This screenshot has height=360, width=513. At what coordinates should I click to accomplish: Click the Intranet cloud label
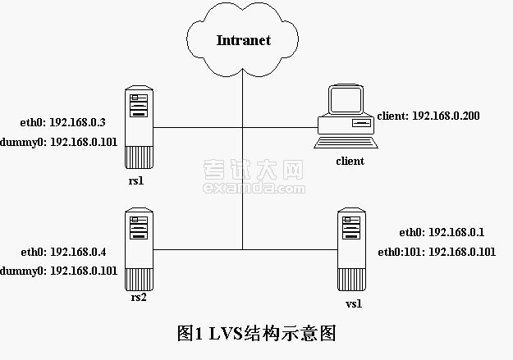[x=244, y=40]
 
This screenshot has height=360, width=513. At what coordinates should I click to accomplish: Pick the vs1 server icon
[x=353, y=251]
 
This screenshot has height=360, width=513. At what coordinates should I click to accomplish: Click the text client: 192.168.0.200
[x=428, y=116]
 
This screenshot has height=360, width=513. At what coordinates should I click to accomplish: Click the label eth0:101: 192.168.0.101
[x=436, y=252]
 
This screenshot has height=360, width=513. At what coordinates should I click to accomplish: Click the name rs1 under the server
[x=136, y=180]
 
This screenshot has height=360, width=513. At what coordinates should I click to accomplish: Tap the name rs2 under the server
[x=139, y=297]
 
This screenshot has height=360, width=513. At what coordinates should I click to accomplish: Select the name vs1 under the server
[x=354, y=304]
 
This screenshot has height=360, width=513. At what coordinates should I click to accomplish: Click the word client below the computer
[x=350, y=162]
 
